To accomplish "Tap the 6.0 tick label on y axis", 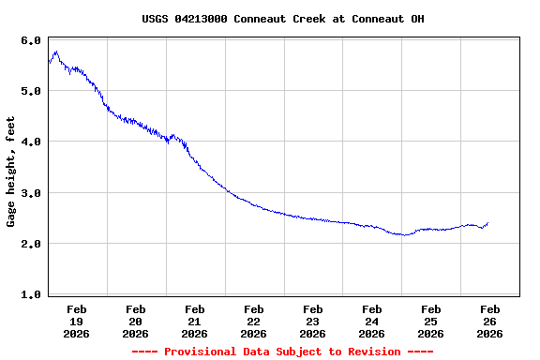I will click(31, 41).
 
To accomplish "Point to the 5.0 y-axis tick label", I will click(31, 92).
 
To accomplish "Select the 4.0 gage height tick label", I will click(31, 142).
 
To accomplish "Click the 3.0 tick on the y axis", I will click(31, 193).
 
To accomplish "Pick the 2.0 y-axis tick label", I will click(31, 244).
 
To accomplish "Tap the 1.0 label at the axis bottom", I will click(31, 294).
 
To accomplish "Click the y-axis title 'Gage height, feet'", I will click(11, 172).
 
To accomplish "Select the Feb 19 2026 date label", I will click(77, 321).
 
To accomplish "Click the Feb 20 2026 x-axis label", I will click(136, 321).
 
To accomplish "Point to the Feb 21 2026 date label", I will click(195, 321).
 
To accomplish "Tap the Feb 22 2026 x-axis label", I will click(254, 321).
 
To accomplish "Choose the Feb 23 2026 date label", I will click(313, 321).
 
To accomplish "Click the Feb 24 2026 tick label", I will click(372, 321).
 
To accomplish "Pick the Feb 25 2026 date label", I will click(431, 321).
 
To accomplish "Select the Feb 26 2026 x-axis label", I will click(490, 321).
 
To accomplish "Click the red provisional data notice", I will click(283, 352).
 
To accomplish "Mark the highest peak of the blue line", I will click(56, 52).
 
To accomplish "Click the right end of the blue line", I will click(487, 223).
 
